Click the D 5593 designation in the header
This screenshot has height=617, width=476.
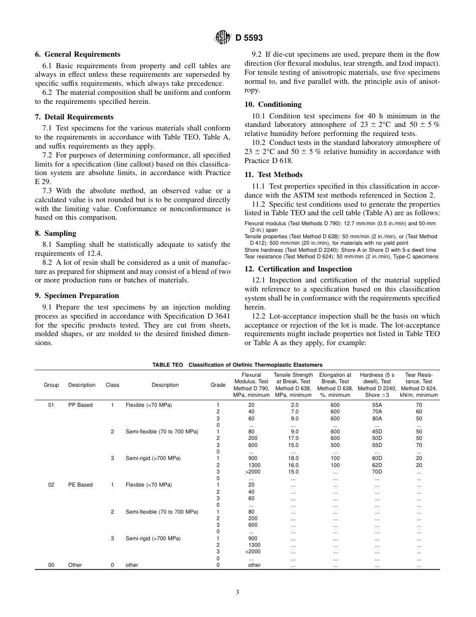point(249,37)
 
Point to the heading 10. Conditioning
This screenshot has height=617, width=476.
point(273,104)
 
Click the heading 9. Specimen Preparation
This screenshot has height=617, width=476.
point(77,295)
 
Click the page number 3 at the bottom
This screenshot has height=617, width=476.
point(237,592)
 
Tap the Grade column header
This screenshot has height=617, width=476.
point(218,385)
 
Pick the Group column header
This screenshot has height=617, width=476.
point(51,385)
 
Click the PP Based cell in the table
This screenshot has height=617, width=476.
point(80,405)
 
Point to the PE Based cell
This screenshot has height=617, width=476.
point(80,485)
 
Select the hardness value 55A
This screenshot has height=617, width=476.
point(377,405)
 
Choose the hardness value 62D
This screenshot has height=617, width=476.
point(377,465)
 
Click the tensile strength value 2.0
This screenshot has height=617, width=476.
point(294,405)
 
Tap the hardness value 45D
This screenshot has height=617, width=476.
point(377,431)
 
